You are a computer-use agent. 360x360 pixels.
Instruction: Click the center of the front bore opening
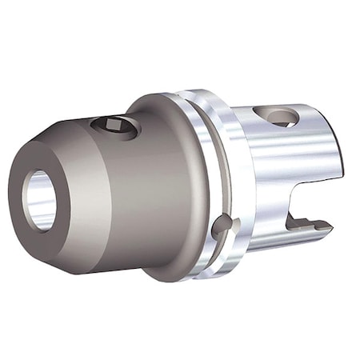39,200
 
